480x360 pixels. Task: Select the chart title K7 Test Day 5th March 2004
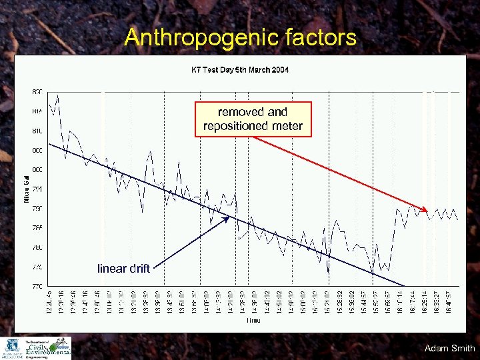click(240, 69)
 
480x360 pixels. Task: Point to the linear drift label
click(123, 269)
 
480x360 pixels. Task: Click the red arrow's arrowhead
click(425, 209)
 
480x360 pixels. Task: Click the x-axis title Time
click(253, 321)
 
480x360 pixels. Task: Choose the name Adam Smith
click(449, 348)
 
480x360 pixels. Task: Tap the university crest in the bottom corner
click(12, 348)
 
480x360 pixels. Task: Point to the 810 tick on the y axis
click(37, 131)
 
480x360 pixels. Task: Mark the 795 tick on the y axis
click(37, 189)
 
